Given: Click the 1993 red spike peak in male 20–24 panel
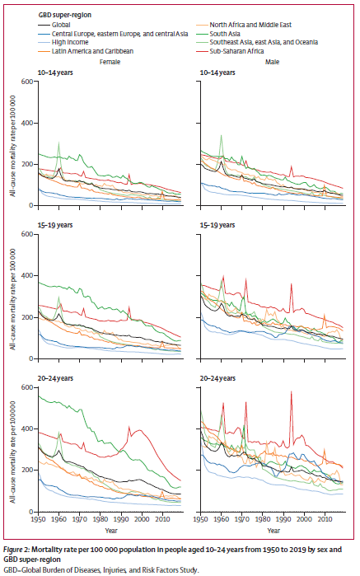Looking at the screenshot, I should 291,392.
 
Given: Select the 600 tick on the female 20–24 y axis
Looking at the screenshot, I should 31,387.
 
